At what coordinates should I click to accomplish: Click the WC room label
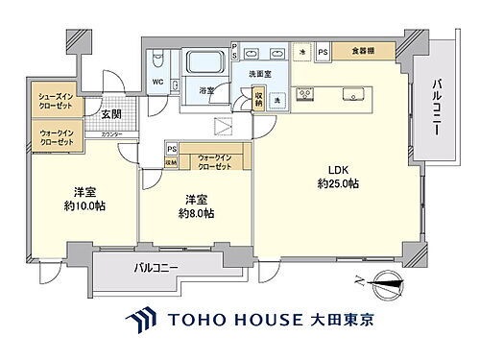click(x=156, y=82)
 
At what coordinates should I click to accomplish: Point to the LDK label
click(x=338, y=171)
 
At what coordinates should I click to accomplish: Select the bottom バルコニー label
click(x=156, y=266)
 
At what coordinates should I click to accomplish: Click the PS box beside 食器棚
click(x=323, y=52)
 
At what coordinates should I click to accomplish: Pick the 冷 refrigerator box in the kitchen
click(x=302, y=52)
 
